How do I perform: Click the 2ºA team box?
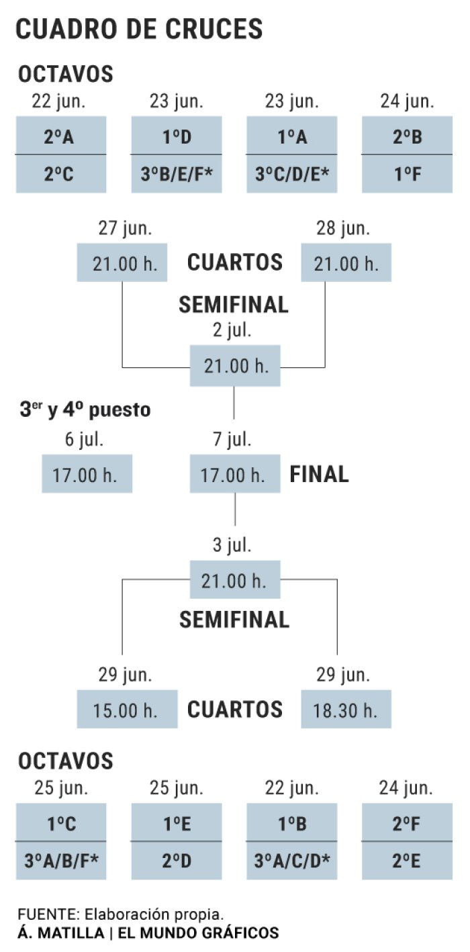coord(61,136)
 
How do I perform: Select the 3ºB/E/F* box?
coord(177,174)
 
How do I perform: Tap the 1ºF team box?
coord(407,174)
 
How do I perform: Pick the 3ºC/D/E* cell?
coord(292,174)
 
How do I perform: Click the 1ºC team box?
coord(61,822)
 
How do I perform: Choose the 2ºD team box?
coord(177,861)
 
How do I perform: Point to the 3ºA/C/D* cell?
coord(292,861)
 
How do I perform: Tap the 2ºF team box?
coord(407,822)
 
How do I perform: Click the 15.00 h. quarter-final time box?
coord(127,710)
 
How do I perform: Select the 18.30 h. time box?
coord(346,710)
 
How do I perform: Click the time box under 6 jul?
coord(87,474)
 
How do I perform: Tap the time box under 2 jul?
coord(235,366)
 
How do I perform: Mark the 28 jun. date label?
coord(343,228)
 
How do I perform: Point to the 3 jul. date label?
coord(232,545)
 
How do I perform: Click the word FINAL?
coord(319,474)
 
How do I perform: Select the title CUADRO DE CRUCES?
coord(139,29)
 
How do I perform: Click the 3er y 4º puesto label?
coord(85,410)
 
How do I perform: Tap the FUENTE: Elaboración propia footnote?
coord(120,914)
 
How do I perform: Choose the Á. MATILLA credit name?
coord(61,933)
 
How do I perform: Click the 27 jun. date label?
coord(125,228)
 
